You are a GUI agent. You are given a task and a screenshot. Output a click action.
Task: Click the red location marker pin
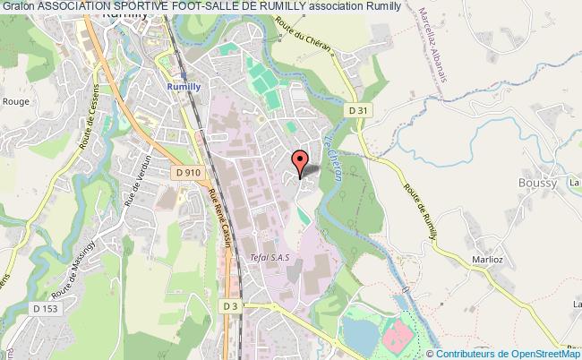tap(299, 161)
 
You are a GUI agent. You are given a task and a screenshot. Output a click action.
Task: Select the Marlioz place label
tap(486, 261)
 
